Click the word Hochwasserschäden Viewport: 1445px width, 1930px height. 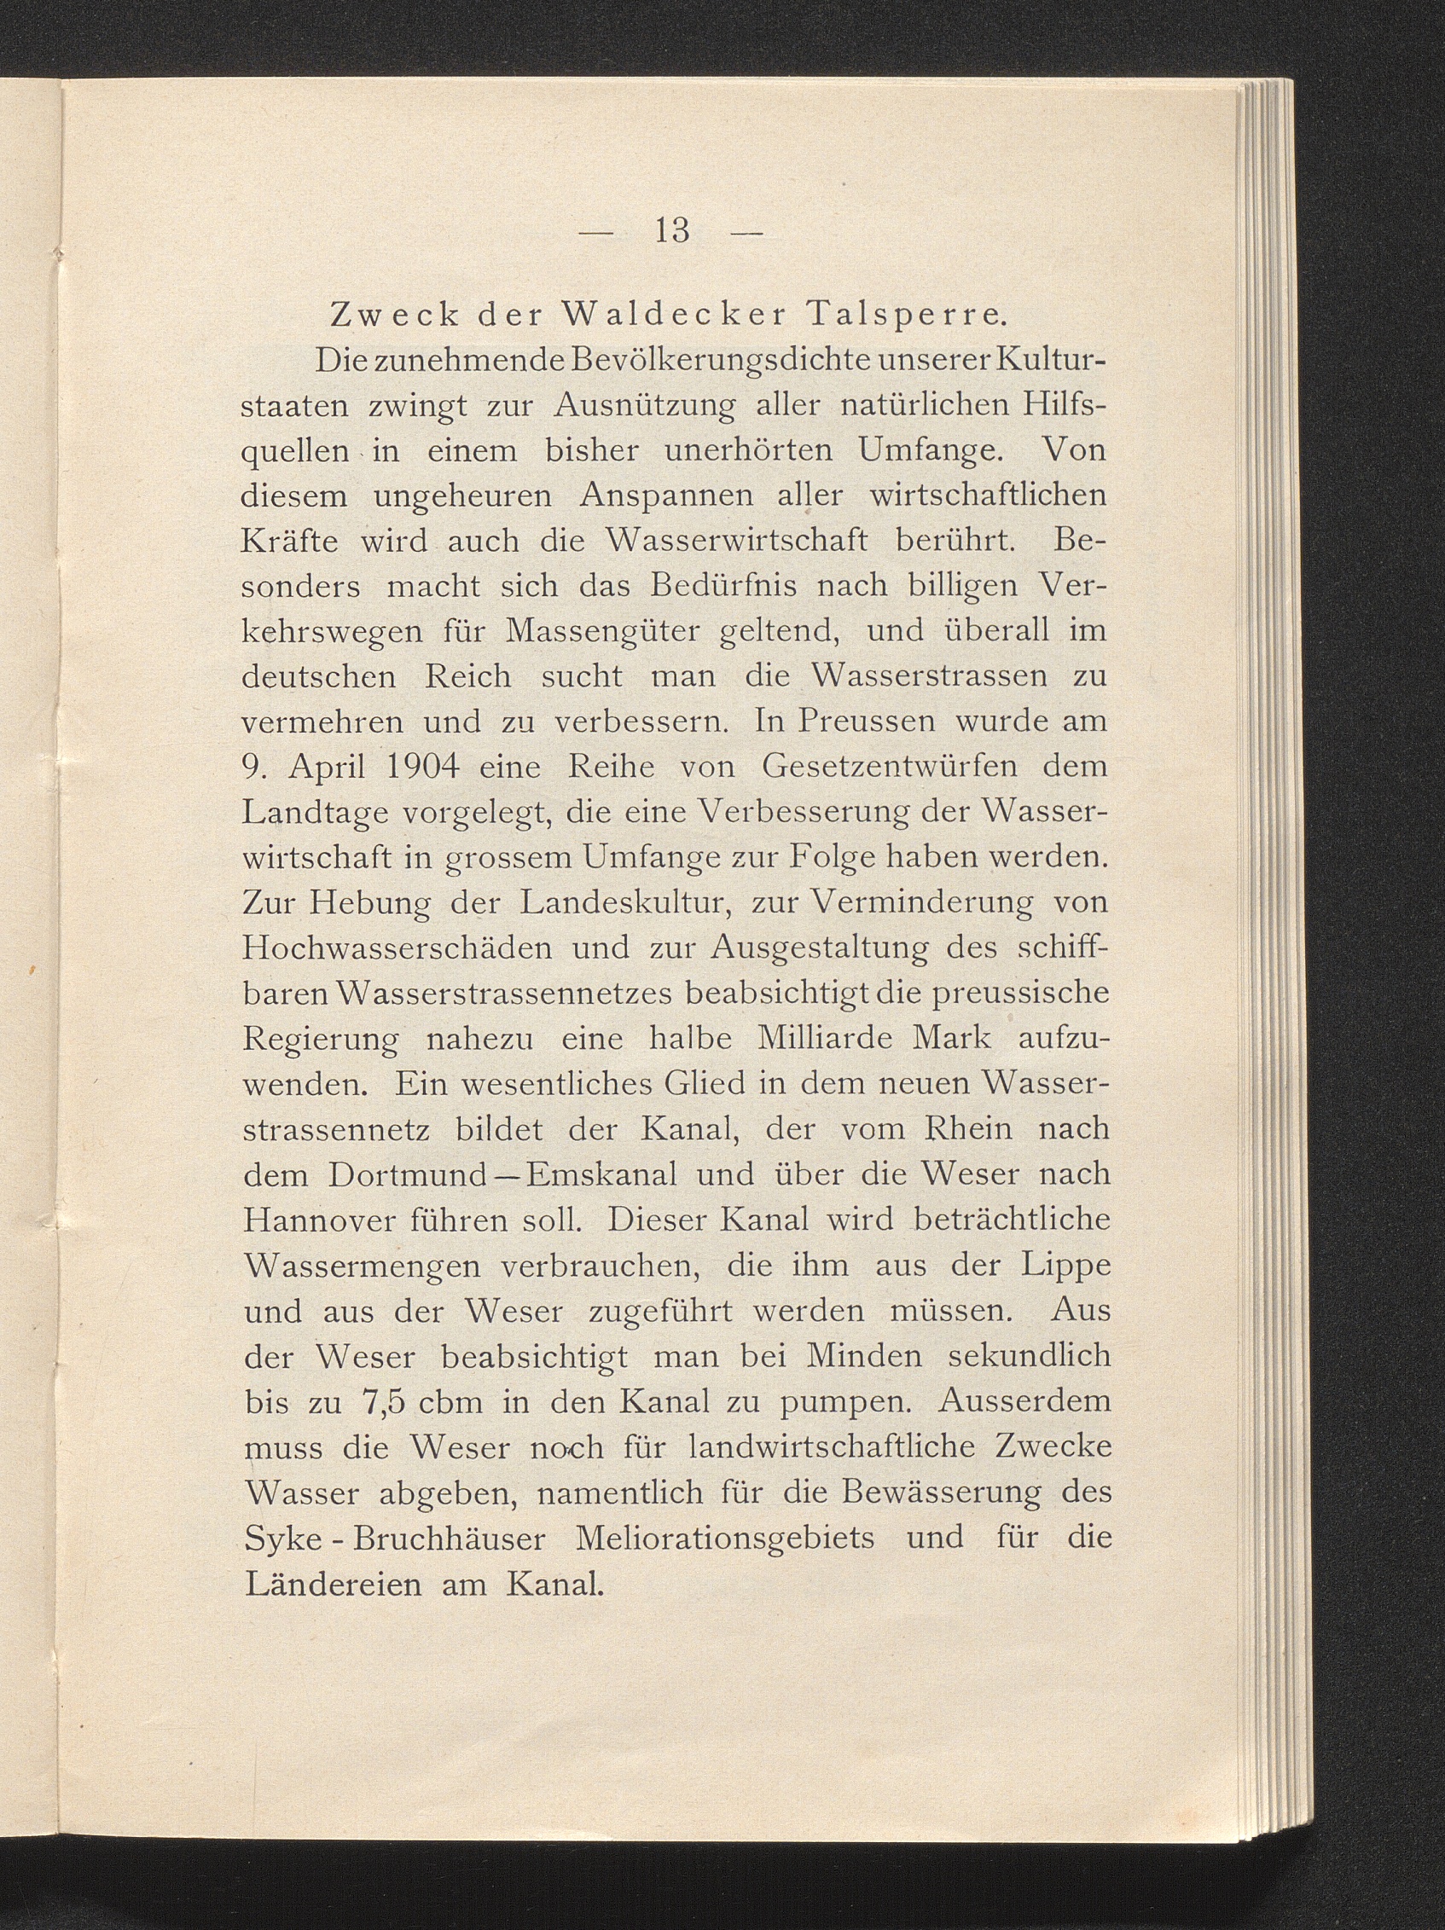pyautogui.click(x=396, y=948)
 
